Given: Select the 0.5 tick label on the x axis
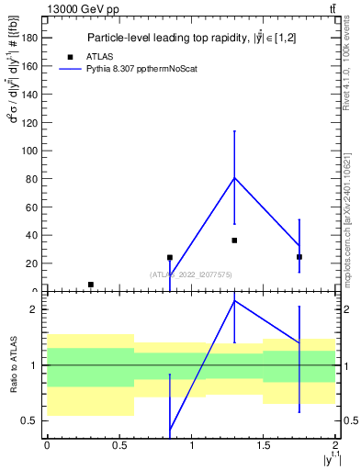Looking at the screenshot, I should point(118,445).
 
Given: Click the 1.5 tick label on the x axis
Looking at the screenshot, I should point(264,445).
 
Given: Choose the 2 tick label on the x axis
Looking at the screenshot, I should point(335,445).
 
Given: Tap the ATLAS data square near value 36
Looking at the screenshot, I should point(234,241).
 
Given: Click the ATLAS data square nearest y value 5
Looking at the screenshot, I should point(90,285).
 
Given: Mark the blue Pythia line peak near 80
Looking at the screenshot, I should point(234,177).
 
